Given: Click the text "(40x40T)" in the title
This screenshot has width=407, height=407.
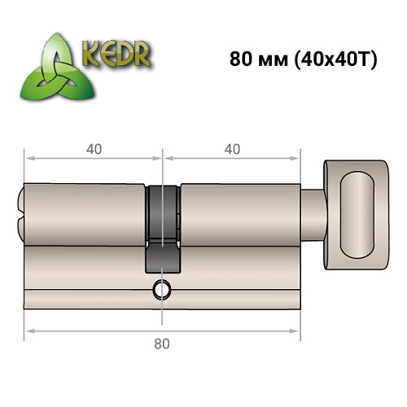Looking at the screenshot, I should pos(332,61).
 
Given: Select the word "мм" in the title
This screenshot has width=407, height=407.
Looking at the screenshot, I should pos(269,61).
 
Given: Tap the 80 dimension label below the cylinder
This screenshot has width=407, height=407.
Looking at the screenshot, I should pos(162,343).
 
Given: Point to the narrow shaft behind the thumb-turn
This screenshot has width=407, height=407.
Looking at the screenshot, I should pos(313,212).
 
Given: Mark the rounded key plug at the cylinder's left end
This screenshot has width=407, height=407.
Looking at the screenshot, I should pos(20,212).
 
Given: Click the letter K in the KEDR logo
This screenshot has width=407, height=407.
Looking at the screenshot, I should pos(92,53).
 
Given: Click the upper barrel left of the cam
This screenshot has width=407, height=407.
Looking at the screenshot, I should pos(85,212).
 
